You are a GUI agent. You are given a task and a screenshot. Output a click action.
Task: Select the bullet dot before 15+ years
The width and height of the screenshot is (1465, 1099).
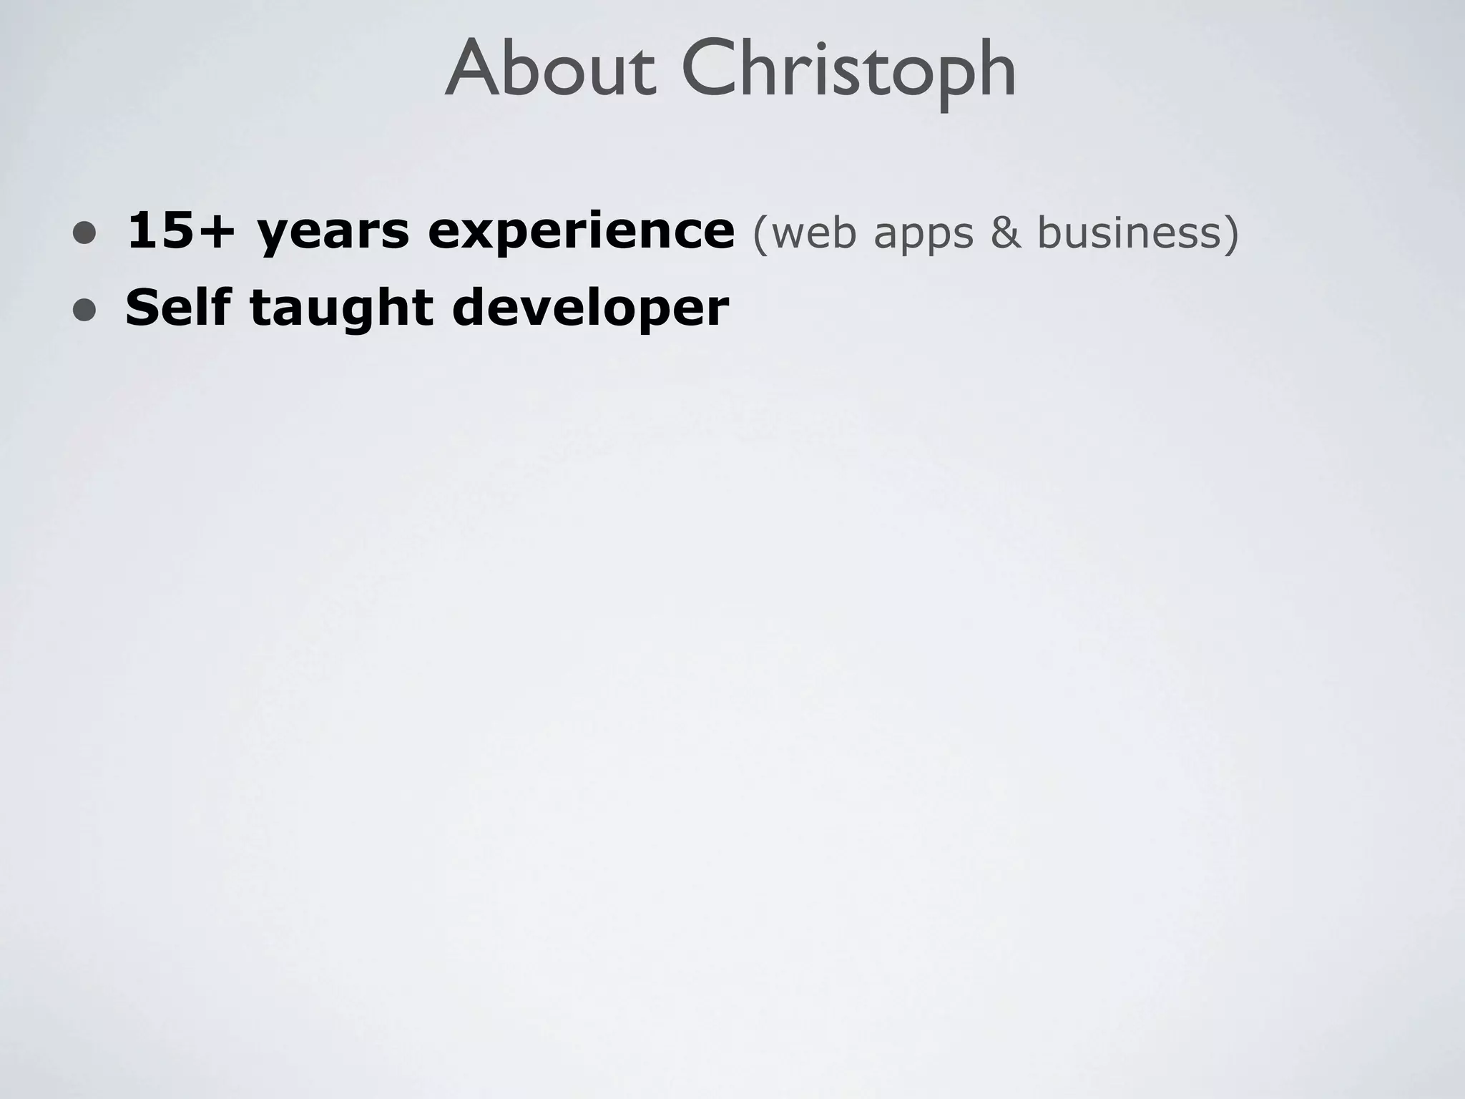tap(84, 233)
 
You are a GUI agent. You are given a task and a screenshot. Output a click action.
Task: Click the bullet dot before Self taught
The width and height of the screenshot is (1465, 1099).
tap(84, 309)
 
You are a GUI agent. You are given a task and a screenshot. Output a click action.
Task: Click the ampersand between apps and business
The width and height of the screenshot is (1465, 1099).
tap(1006, 233)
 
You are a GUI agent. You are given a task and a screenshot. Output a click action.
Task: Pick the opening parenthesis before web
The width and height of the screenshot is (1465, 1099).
tap(760, 234)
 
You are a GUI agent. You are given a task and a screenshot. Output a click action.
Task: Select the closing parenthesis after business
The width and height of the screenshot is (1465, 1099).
tap(1231, 234)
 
